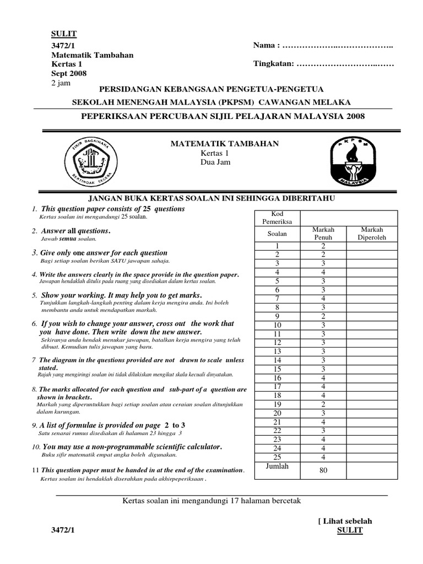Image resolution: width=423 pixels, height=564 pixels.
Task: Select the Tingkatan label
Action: click(273, 64)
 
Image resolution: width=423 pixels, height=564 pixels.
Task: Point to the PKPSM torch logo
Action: click(350, 160)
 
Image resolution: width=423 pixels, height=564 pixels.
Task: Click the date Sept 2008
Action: click(69, 73)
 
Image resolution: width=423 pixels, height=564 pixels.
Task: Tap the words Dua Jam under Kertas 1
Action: click(211, 162)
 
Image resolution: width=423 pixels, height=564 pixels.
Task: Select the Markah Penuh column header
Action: click(323, 234)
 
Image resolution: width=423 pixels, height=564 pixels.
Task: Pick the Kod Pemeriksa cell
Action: click(277, 218)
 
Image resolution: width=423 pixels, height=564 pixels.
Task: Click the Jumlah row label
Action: click(277, 466)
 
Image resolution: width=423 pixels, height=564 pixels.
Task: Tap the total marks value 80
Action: click(323, 470)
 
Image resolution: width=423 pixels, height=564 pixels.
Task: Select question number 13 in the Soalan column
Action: click(277, 351)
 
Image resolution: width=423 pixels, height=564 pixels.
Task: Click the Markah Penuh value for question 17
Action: click(323, 387)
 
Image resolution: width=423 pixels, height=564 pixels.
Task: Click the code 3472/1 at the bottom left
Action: click(62, 530)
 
